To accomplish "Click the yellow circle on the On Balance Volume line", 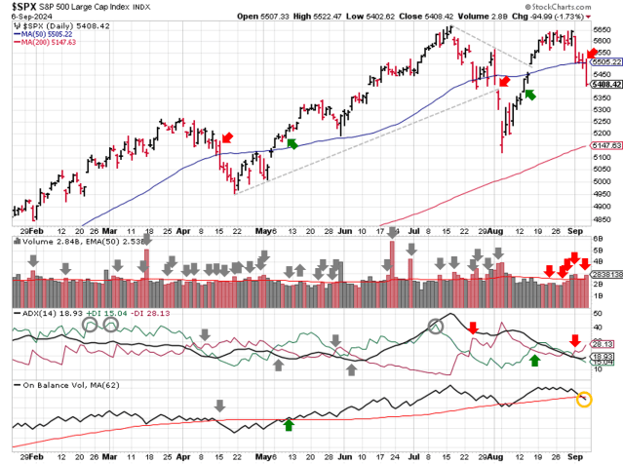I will click(583, 399).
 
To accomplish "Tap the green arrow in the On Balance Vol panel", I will click(289, 424).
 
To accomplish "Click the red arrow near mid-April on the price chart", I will click(226, 137).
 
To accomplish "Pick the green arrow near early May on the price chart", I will click(292, 144).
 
